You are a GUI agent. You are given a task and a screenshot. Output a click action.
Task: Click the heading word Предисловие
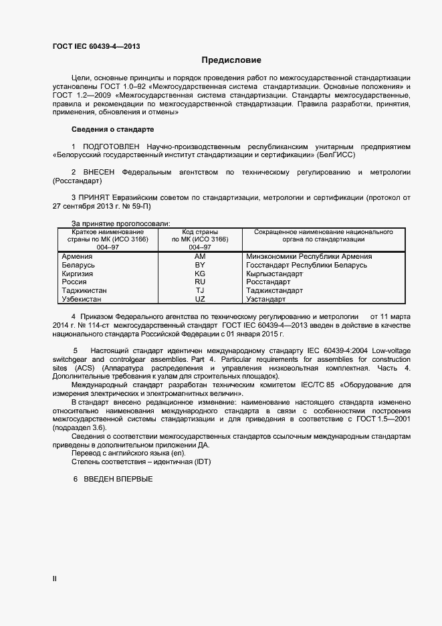[x=231, y=60]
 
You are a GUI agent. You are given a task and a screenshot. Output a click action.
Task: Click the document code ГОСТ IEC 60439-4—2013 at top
[x=96, y=46]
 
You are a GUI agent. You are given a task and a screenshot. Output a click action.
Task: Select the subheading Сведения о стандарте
[x=112, y=129]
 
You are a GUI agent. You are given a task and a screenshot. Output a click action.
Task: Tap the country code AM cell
[x=199, y=257]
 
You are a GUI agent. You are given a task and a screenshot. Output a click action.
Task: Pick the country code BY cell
[x=199, y=266]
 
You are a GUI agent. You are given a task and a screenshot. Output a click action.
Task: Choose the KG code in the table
[x=199, y=274]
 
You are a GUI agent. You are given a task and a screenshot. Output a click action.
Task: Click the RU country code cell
[x=199, y=282]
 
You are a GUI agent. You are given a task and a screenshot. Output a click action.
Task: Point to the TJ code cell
[x=199, y=291]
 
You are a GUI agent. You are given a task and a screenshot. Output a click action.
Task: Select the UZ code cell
[x=199, y=299]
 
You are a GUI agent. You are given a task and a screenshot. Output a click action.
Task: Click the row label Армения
[x=77, y=257]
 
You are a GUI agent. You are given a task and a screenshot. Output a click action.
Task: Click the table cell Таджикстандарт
[x=274, y=291]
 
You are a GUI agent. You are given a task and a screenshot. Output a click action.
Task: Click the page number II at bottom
[x=55, y=579]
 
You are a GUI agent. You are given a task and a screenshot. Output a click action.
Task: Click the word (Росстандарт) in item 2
[x=76, y=181]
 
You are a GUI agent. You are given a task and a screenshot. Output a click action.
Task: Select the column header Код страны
[x=199, y=231]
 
